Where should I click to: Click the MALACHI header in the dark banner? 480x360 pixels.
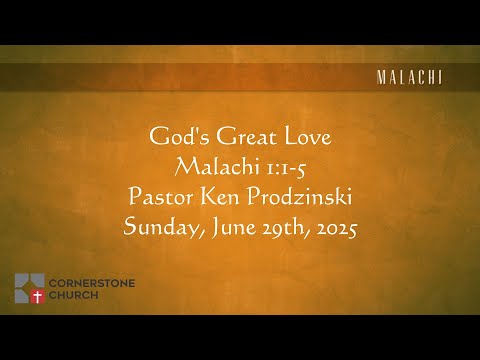(x=408, y=77)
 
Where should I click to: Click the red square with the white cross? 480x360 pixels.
(x=38, y=296)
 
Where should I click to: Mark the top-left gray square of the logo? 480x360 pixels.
(x=22, y=280)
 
